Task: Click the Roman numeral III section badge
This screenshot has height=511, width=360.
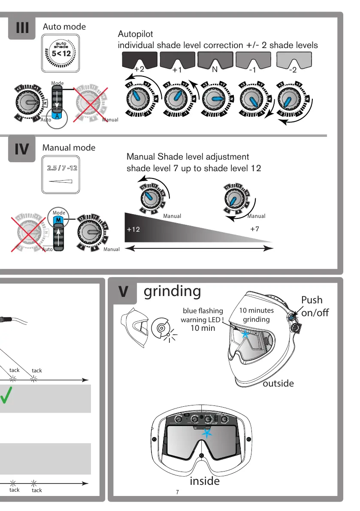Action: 22,29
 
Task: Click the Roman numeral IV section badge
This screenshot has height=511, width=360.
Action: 22,149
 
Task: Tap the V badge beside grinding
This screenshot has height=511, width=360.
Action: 123,292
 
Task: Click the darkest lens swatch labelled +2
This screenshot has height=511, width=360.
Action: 139,60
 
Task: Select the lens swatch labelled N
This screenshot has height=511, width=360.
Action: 215,60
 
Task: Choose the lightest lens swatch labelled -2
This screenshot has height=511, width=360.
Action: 293,60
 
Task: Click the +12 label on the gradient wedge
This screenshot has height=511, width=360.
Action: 133,230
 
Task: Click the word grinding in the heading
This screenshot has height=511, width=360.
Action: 172,291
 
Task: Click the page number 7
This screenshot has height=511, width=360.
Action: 178,492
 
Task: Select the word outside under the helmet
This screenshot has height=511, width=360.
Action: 278,383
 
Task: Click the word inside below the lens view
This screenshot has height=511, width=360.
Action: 205,481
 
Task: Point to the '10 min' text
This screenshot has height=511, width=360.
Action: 203,328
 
